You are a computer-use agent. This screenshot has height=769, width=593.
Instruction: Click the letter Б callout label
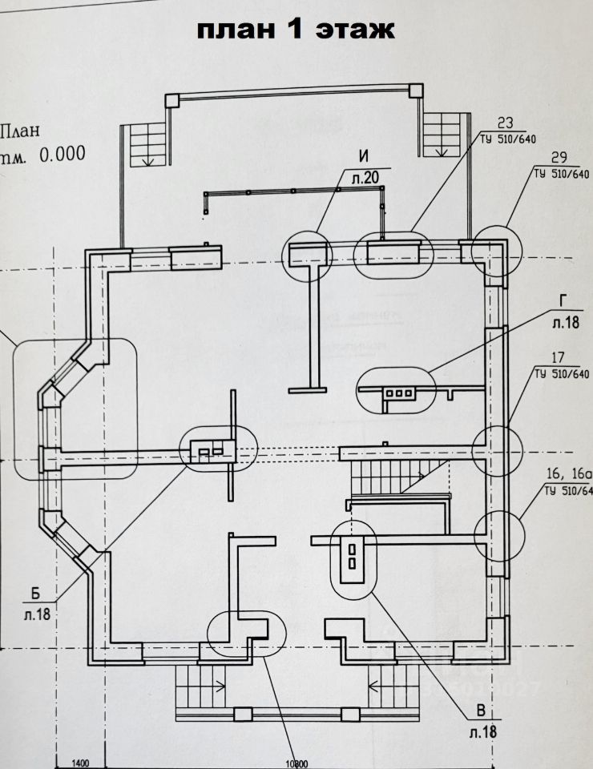36,594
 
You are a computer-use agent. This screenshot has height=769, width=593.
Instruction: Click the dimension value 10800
295,763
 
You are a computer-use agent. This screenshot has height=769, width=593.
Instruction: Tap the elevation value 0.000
63,154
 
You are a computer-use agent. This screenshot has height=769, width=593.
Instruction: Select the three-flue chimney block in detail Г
398,393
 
